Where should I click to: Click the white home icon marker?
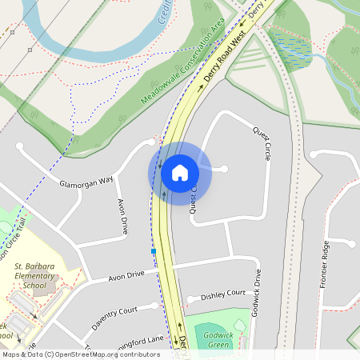click(180, 172)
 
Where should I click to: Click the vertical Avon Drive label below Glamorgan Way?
click(122, 217)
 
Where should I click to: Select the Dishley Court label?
click(222, 294)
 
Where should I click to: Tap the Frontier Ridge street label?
click(324, 263)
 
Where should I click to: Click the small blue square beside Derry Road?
click(153, 251)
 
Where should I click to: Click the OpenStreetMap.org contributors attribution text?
click(104, 354)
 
